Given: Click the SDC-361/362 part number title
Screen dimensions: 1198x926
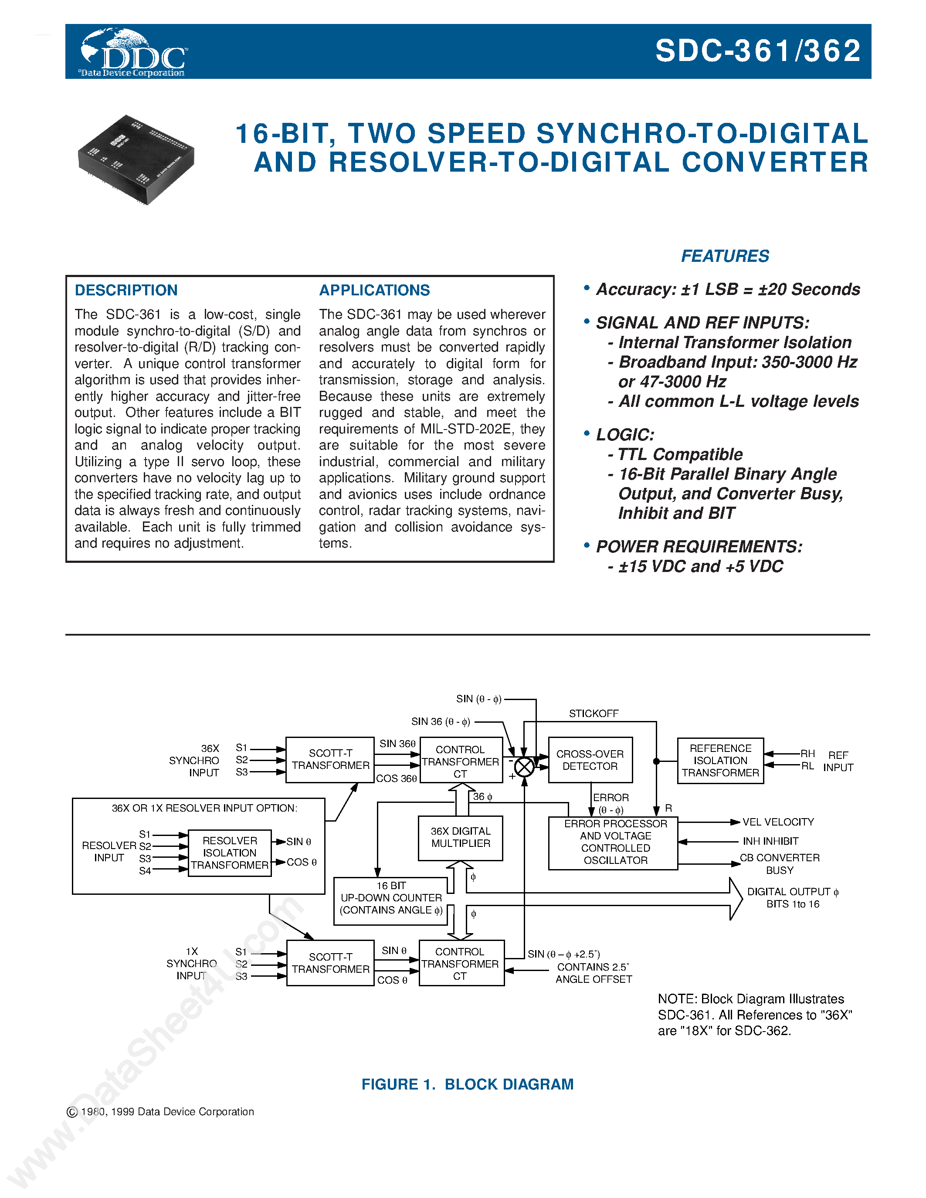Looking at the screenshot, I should pyautogui.click(x=758, y=51).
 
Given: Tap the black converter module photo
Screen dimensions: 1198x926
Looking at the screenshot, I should pyautogui.click(x=136, y=159).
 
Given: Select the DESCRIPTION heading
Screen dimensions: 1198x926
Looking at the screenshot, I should pyautogui.click(x=126, y=290).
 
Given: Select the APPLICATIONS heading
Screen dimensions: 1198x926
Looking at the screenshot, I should pyautogui.click(x=374, y=290).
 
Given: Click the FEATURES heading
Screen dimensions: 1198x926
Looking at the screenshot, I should pyautogui.click(x=725, y=256).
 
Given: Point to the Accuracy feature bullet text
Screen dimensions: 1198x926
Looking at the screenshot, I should pyautogui.click(x=727, y=289).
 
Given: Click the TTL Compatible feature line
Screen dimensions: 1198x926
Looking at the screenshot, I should pyautogui.click(x=680, y=454).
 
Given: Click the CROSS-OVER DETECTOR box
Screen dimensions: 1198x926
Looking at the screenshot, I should pyautogui.click(x=590, y=760).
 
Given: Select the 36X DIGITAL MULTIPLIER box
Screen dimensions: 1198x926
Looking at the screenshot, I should pyautogui.click(x=460, y=838).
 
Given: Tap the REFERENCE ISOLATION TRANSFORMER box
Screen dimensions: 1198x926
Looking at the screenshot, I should pyautogui.click(x=720, y=760).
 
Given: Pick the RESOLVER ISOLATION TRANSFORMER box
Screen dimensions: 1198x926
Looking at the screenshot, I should pyautogui.click(x=229, y=853).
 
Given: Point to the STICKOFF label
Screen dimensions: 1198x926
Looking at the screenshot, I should pyautogui.click(x=593, y=714).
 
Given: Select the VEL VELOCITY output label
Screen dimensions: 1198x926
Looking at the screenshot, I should pyautogui.click(x=777, y=822).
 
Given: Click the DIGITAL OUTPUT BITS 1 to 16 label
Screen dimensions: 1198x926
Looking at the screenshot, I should pyautogui.click(x=792, y=898).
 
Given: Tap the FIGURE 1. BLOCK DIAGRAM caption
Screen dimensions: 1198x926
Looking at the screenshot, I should pyautogui.click(x=468, y=1084).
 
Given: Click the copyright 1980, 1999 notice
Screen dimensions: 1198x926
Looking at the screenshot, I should pyautogui.click(x=160, y=1112).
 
